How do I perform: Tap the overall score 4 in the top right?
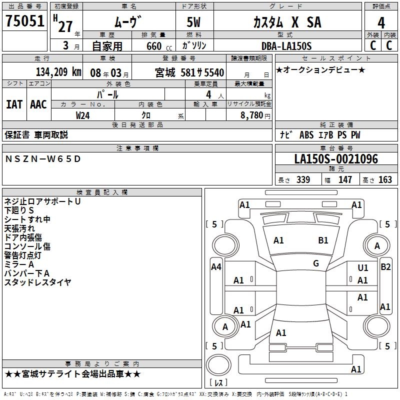[x=381, y=22]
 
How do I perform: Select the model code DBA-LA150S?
[x=286, y=46]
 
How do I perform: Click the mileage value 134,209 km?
[x=58, y=72]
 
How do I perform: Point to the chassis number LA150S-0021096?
[x=336, y=159]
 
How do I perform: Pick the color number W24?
[x=83, y=115]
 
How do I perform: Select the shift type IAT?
[x=14, y=104]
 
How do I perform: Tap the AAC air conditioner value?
[x=38, y=104]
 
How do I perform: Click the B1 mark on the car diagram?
[x=323, y=240]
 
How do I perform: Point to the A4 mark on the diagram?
[x=216, y=267]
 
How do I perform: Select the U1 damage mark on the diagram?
[x=362, y=268]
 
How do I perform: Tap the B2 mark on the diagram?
[x=385, y=267]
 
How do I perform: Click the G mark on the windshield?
[x=316, y=263]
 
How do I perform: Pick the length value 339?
[x=303, y=180]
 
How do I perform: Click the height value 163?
[x=385, y=180]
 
